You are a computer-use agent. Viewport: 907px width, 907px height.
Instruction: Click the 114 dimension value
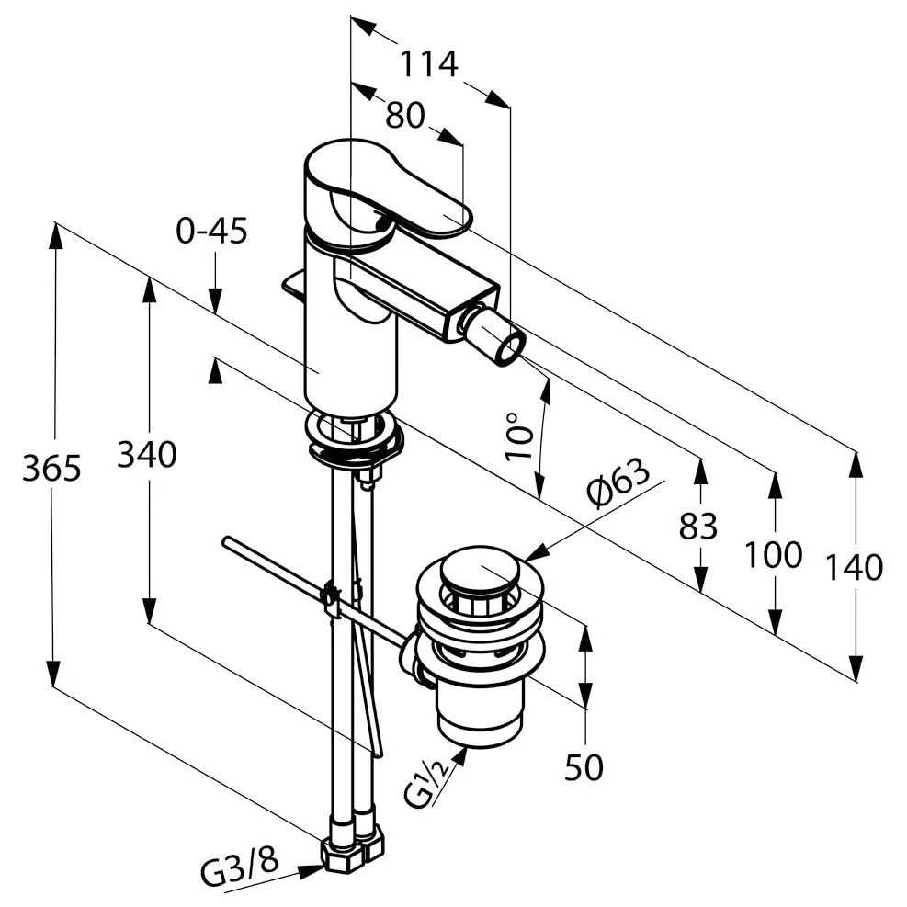[429, 63]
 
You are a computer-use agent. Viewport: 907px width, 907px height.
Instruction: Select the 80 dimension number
[405, 115]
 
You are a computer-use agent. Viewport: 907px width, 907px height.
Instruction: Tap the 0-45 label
[211, 231]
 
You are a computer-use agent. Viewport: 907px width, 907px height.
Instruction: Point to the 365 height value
[52, 468]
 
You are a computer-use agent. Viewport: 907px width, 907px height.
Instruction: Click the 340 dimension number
[147, 454]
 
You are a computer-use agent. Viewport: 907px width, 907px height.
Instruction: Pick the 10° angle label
[519, 436]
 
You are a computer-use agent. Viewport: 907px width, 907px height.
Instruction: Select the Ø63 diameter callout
[618, 482]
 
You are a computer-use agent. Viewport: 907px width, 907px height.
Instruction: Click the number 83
[698, 527]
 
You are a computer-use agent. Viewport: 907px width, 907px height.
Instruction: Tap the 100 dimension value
[774, 555]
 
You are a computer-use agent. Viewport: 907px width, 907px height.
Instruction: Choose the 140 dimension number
[855, 568]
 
